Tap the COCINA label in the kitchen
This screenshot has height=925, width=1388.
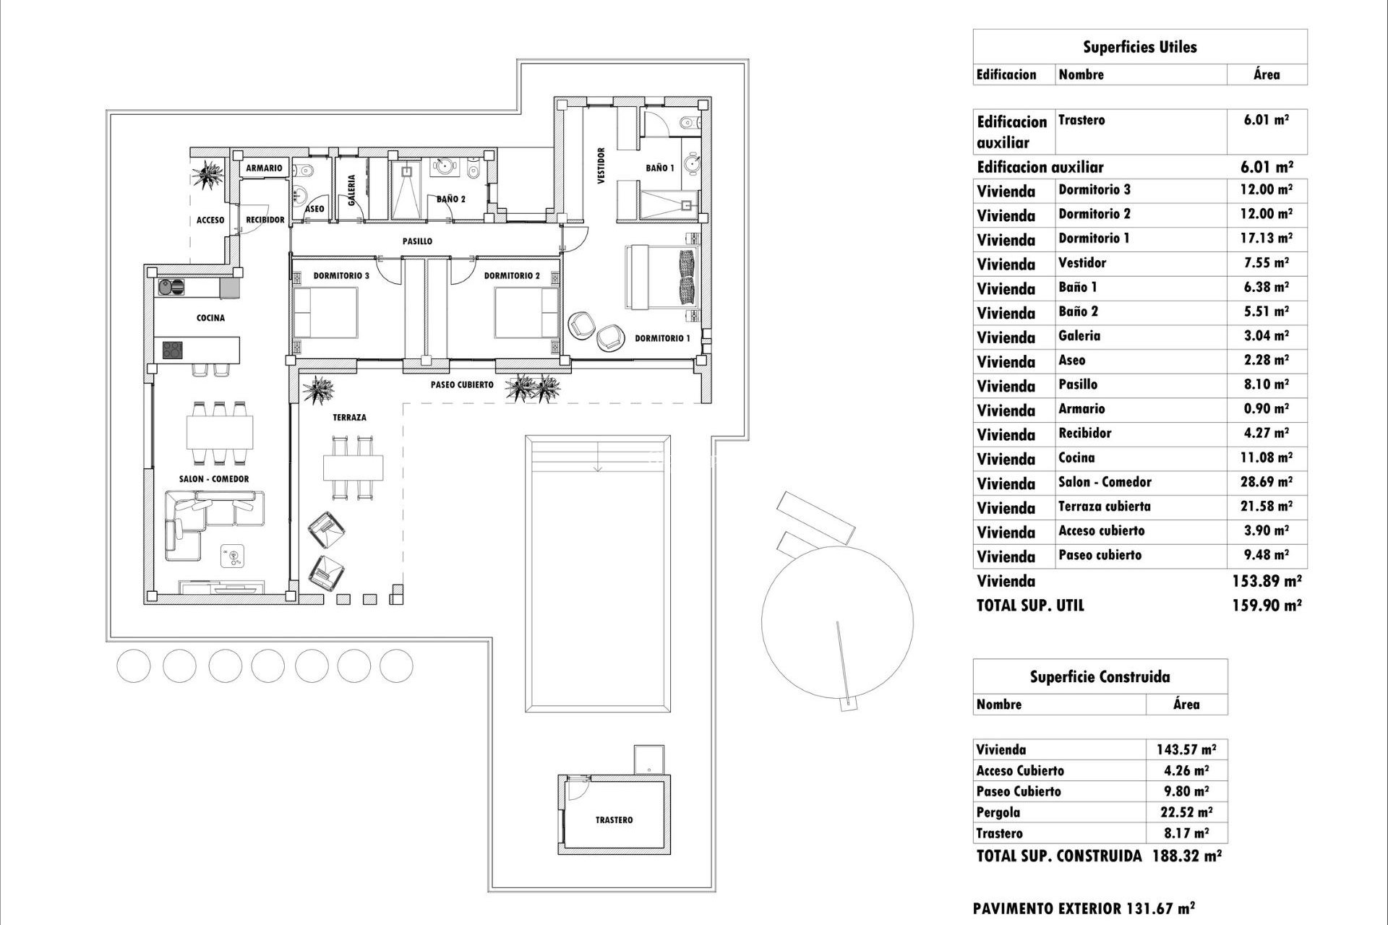pos(210,318)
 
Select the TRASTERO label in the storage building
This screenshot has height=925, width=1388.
pos(614,819)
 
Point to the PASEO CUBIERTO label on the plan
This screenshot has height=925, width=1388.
pos(462,385)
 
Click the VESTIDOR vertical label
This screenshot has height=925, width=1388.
pos(601,166)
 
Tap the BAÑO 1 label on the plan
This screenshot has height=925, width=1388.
pos(659,168)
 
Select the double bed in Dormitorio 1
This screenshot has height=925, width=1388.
pos(661,277)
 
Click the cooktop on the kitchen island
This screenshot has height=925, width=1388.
pos(173,350)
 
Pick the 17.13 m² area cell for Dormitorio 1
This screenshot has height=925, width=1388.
pos(1266,238)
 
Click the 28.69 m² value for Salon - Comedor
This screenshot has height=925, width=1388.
pos(1266,482)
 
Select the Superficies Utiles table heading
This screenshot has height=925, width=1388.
pos(1139,48)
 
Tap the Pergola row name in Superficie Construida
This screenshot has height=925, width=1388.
pos(998,812)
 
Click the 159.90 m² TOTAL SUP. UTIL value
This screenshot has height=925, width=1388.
pos(1266,606)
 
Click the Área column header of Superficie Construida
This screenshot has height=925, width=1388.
pos(1186,705)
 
